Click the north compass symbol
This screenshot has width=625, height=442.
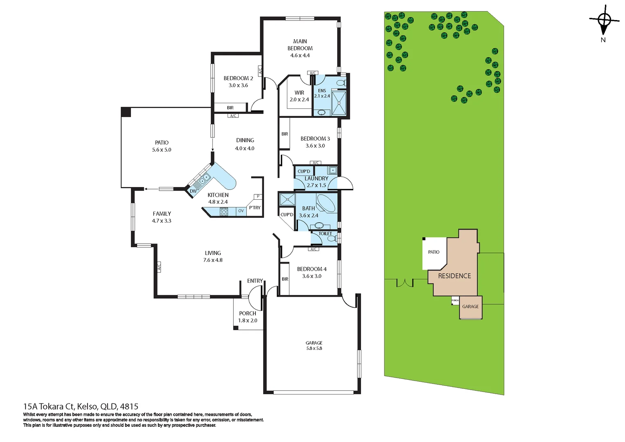click(604, 20)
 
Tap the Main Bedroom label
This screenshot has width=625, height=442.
click(300, 45)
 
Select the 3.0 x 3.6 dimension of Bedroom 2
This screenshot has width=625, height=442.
click(238, 86)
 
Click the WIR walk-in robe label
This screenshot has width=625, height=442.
click(299, 93)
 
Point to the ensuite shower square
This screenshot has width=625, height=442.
click(338, 103)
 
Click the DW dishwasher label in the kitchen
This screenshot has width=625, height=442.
click(193, 191)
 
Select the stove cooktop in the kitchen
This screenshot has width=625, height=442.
click(224, 212)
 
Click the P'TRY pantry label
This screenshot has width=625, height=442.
click(255, 207)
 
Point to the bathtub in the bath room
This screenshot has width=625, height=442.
click(326, 203)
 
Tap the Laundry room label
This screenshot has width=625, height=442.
click(316, 178)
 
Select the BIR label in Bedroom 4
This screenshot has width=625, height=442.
click(285, 279)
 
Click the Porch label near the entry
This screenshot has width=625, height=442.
click(248, 313)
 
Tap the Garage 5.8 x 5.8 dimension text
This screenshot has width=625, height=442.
click(314, 349)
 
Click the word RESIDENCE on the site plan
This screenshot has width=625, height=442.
click(454, 276)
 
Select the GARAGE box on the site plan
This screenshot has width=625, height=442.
click(470, 307)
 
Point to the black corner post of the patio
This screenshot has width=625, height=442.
click(126, 112)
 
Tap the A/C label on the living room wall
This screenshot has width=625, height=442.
click(159, 267)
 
